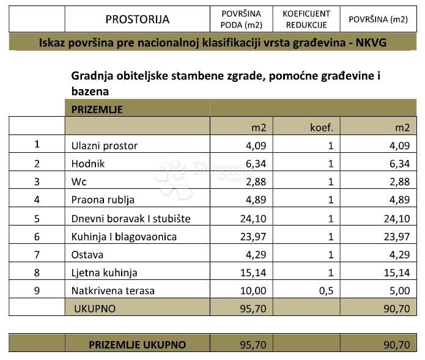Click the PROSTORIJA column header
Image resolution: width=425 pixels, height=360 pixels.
[137, 19]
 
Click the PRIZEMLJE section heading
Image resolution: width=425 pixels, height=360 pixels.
[97, 109]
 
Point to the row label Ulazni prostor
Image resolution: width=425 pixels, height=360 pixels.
[105, 145]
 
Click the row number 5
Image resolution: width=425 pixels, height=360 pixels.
[37, 218]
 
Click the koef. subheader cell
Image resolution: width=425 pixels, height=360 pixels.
[322, 127]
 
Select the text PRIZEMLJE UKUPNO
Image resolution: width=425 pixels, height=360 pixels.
[137, 345]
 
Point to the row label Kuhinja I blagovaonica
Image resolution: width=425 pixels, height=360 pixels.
[124, 236]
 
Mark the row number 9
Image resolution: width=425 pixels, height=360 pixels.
[37, 291]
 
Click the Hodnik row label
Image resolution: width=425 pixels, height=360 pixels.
[88, 163]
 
